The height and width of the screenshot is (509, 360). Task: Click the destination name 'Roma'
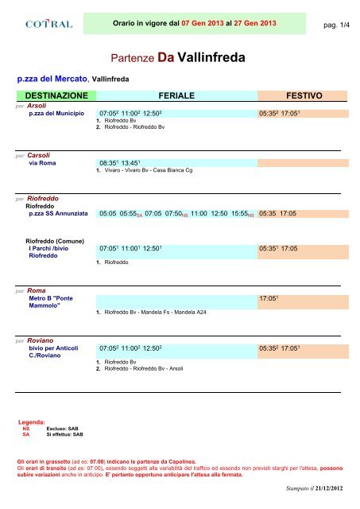click(x=37, y=291)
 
